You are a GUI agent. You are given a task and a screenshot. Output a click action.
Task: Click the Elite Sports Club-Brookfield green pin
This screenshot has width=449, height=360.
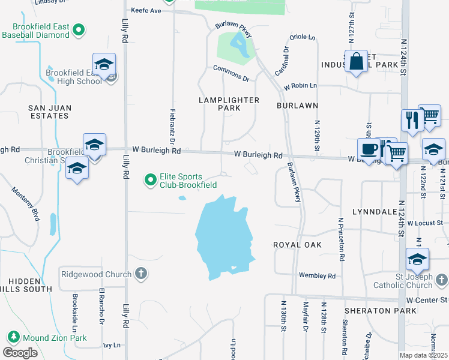pos(151,179)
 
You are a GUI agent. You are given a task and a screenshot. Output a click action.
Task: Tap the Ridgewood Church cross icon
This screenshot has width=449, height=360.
pos(141,274)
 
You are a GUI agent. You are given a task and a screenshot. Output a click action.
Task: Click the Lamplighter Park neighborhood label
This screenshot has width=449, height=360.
pos(229,104)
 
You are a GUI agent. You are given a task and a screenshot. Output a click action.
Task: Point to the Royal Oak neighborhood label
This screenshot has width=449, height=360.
pos(297,245)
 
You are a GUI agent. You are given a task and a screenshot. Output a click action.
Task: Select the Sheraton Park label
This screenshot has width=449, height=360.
pos(381,311)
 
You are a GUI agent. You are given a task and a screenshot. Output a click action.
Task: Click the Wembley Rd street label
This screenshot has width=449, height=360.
pos(318,275)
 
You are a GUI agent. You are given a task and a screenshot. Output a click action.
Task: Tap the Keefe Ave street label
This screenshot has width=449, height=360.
pos(147,11)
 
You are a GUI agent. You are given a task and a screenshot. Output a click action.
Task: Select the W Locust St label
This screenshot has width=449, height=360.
pos(427,223)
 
